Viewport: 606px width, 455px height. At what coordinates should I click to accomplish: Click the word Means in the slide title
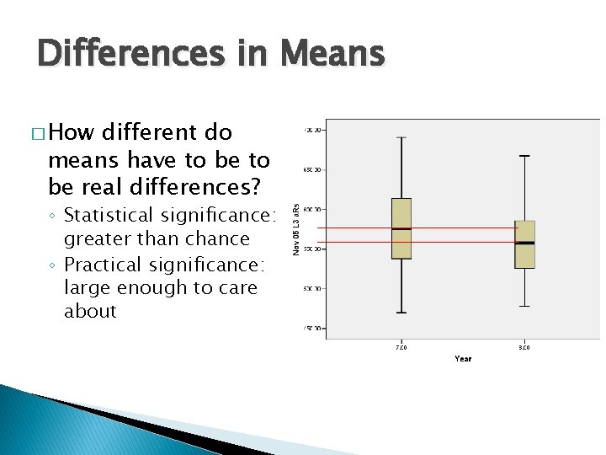tap(333, 54)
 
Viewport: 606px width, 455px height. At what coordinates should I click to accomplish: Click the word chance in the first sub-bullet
tap(221, 239)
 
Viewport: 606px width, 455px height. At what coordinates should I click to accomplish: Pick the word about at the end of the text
tap(90, 312)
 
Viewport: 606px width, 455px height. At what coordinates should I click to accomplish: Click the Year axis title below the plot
tap(463, 359)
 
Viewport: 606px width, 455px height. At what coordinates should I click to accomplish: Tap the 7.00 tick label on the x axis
tap(401, 346)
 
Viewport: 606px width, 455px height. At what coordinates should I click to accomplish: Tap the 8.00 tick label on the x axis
tap(524, 346)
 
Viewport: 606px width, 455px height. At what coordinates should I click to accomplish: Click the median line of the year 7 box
tap(401, 228)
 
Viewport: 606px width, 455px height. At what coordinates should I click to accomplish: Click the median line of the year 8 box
tap(524, 243)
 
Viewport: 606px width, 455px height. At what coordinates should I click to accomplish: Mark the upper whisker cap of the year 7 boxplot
tap(401, 137)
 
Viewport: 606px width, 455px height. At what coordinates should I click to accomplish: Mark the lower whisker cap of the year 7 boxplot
tap(401, 313)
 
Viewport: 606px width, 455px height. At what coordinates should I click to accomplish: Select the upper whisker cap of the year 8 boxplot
tap(524, 156)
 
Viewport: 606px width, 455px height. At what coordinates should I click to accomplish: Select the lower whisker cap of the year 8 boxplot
tap(524, 306)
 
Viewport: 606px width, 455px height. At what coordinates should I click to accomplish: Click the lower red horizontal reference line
tap(454, 242)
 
